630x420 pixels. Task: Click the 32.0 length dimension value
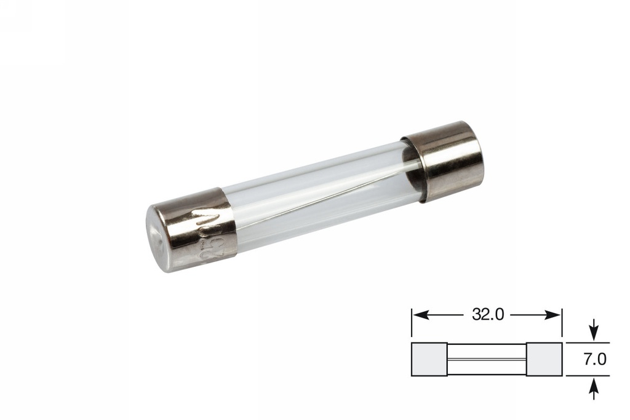[488, 315]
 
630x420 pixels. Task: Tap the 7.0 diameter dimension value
[594, 359]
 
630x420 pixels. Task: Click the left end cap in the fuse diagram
[429, 359]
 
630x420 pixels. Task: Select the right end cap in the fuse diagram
[544, 359]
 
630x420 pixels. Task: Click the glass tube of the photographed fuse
[320, 191]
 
